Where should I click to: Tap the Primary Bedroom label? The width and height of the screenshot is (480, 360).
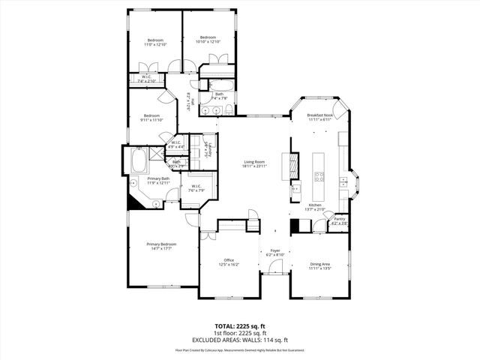pos(161,244)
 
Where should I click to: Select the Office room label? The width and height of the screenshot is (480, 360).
pos(229,260)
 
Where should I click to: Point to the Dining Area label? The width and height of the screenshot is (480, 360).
pos(320,264)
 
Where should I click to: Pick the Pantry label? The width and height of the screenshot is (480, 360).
pos(339,219)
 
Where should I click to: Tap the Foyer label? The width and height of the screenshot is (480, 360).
pos(274,251)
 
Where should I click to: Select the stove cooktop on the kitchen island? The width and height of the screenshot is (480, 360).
pos(318,178)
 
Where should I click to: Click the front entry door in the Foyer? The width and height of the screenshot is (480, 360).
pos(274,274)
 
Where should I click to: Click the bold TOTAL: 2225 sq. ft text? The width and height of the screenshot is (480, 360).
pos(240,326)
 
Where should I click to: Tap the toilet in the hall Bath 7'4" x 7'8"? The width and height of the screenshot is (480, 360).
pos(226,111)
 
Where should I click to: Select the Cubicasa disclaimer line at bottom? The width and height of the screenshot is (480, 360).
pos(240,349)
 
